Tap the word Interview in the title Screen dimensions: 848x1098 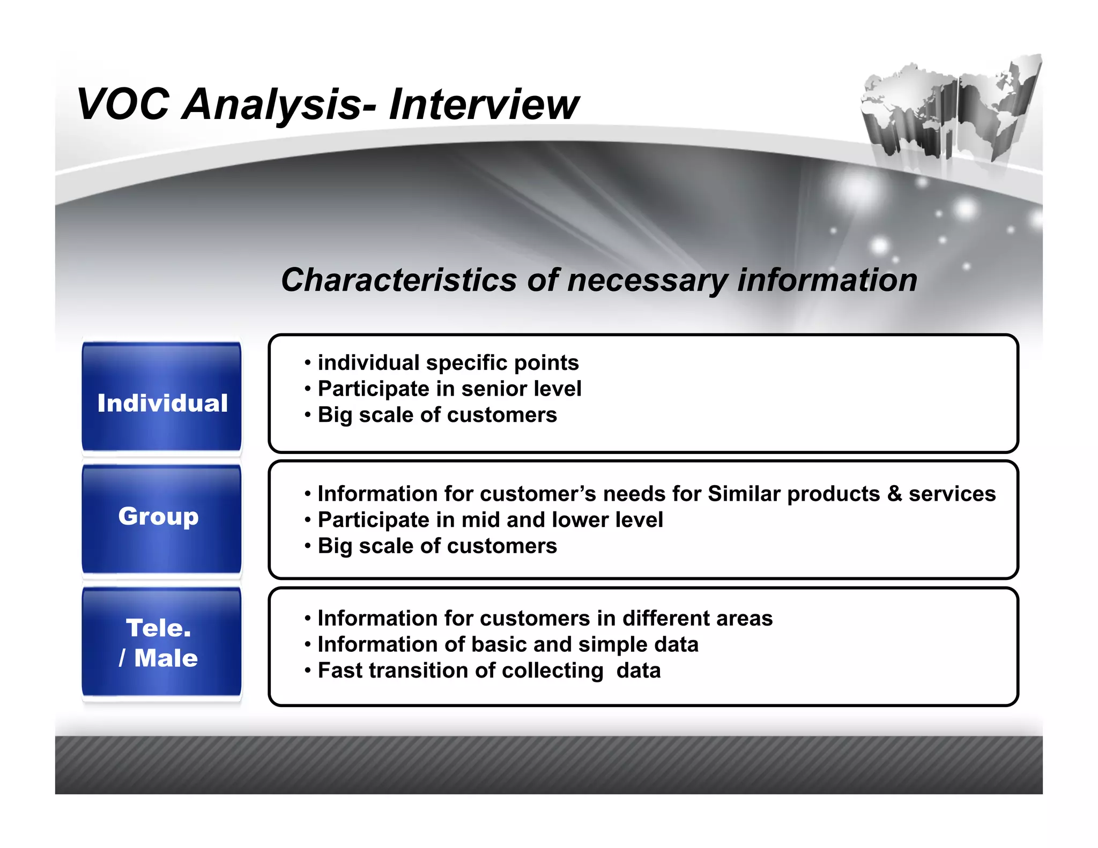(x=484, y=104)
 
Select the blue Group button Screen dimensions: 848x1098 (x=159, y=517)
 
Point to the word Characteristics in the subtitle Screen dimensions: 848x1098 (x=399, y=280)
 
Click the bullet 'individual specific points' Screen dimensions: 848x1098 (x=448, y=363)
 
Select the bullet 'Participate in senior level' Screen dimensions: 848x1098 (x=449, y=389)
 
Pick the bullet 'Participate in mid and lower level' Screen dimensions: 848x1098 (x=490, y=520)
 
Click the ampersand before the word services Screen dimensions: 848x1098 (x=894, y=494)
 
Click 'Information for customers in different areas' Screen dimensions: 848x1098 (x=545, y=619)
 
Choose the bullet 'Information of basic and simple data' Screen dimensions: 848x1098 (x=508, y=645)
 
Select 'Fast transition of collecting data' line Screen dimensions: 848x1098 (x=489, y=671)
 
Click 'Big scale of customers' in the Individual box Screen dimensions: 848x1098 (x=437, y=415)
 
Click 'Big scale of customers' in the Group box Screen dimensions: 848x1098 (x=437, y=546)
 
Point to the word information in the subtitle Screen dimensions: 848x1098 (x=827, y=280)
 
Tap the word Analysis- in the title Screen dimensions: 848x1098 (x=279, y=104)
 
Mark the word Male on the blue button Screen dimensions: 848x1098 (x=166, y=658)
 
